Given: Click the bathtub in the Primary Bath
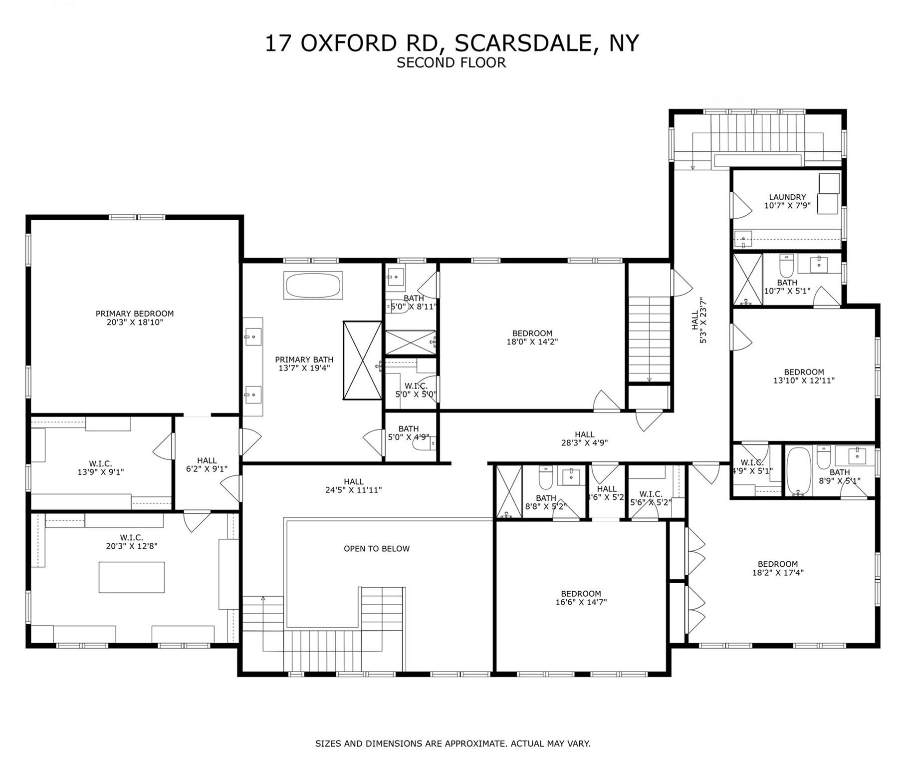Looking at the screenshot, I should [313, 285].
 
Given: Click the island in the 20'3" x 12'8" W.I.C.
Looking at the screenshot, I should [131, 577].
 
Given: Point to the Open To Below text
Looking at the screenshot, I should [376, 549].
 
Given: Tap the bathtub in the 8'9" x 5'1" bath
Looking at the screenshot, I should [798, 471].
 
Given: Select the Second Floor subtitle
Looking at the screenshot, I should [451, 63].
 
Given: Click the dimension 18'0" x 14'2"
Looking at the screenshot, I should [532, 343].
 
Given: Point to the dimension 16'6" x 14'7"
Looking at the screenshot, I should [581, 603].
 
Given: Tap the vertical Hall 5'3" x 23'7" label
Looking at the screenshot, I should [699, 320].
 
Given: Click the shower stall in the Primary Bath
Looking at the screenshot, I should [362, 360].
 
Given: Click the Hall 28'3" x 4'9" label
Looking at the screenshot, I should [584, 438].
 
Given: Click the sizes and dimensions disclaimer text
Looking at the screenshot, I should [453, 744].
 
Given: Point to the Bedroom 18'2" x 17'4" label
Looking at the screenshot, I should [777, 568].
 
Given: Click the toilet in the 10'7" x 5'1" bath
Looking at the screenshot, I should [786, 266].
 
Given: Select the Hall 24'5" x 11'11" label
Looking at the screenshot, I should [353, 485].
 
